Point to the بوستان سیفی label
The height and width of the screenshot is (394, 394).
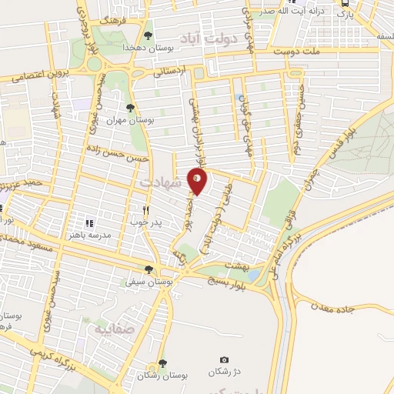click(149, 282)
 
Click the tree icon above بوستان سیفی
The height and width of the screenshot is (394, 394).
click(149, 269)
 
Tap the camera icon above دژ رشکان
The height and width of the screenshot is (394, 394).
click(224, 360)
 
